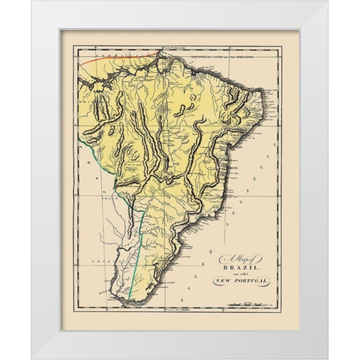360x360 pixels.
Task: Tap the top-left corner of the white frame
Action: tap(31, 1)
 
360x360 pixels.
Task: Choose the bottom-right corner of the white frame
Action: tap(328, 358)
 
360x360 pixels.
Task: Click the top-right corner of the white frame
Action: tap(328, 1)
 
